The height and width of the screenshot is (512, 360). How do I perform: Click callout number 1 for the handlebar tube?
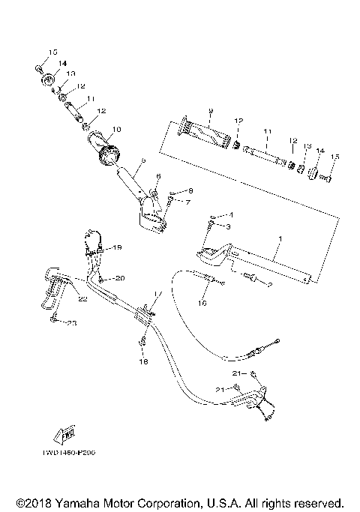pyautogui.click(x=278, y=240)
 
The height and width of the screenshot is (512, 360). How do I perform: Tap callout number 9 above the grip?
pyautogui.click(x=211, y=112)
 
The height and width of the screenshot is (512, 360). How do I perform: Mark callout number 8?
pyautogui.click(x=188, y=202)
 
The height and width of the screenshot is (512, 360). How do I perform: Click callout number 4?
pyautogui.click(x=231, y=215)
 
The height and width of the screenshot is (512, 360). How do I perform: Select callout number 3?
pyautogui.click(x=229, y=226)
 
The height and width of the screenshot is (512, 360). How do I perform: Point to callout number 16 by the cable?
pyautogui.click(x=202, y=304)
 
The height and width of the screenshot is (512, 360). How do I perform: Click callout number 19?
pyautogui.click(x=117, y=247)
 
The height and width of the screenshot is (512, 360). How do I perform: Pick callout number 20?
pyautogui.click(x=120, y=278)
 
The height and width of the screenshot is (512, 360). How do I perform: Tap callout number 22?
pyautogui.click(x=82, y=300)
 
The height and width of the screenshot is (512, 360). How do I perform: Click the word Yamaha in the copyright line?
pyautogui.click(x=86, y=502)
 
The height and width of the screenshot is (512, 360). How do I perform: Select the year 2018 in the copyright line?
pyautogui.click(x=43, y=502)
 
